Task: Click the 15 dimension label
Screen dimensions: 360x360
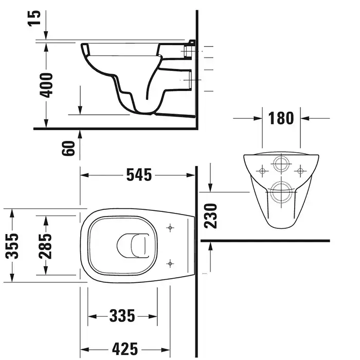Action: tap(35, 19)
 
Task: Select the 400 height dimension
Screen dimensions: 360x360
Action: tap(46, 85)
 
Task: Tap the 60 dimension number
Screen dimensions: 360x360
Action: tap(68, 148)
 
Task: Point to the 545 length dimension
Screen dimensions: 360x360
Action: tap(139, 175)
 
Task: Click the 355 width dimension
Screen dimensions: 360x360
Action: tap(12, 246)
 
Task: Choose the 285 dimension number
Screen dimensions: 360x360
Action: tap(45, 246)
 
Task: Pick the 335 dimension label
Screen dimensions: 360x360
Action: tap(122, 316)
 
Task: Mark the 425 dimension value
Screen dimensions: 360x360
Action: tap(125, 349)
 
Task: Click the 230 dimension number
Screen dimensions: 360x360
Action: tap(210, 216)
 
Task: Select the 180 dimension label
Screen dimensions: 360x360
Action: tap(281, 118)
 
